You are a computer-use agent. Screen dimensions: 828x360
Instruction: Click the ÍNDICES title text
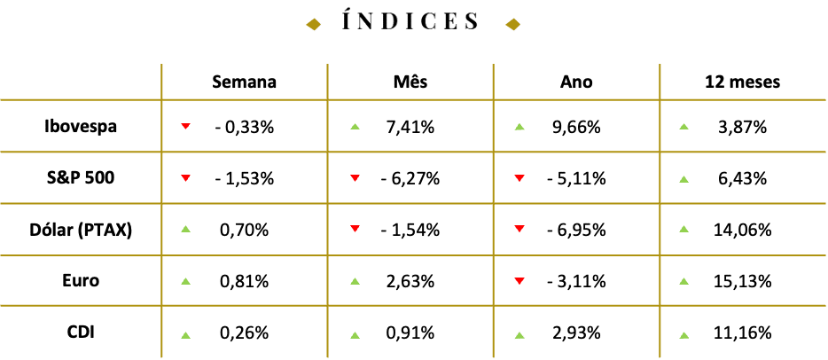410,21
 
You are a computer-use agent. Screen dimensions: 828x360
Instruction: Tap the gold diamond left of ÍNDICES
314,24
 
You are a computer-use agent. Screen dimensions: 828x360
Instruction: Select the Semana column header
244,82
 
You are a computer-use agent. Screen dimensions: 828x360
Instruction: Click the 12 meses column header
743,82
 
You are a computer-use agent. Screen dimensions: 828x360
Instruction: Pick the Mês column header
410,82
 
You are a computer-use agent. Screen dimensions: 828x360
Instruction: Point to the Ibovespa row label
81,127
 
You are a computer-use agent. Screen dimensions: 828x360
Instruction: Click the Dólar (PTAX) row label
81,231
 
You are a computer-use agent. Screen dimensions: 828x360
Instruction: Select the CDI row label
81,333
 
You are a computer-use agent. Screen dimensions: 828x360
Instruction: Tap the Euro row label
81,281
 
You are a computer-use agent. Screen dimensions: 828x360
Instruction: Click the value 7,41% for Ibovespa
410,127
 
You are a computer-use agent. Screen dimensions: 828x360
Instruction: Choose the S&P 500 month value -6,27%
410,179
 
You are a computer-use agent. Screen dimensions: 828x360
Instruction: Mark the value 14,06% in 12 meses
743,231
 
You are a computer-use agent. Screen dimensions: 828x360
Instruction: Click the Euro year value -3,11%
576,282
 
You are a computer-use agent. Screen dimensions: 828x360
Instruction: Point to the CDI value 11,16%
743,333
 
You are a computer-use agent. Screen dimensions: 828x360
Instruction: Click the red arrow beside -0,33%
184,126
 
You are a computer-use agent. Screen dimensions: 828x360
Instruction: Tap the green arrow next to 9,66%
519,127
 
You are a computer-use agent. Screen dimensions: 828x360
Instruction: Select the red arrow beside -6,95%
519,229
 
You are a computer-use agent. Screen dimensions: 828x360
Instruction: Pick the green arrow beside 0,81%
184,281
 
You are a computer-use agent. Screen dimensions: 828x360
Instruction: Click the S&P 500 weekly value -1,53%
245,179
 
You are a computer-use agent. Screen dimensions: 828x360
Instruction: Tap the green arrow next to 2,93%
519,334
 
